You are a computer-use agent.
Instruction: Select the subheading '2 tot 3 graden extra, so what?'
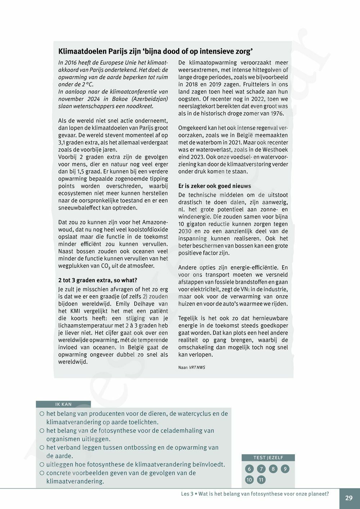point(98,280)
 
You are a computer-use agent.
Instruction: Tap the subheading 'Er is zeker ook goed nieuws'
point(215,186)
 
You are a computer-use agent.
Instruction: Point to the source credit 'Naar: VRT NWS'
point(192,368)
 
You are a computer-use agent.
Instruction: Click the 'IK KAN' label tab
point(63,404)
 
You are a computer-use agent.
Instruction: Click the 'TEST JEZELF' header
point(268,458)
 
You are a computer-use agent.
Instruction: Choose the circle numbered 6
point(249,469)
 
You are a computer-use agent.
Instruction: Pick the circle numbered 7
point(261,469)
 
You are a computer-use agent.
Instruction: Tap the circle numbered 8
point(273,469)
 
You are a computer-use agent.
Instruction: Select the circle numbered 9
point(285,469)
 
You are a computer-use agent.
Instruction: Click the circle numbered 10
point(249,480)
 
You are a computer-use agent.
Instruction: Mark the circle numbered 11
point(261,480)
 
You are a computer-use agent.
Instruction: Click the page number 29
point(349,498)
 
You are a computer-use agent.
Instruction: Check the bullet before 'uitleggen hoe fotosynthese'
point(42,465)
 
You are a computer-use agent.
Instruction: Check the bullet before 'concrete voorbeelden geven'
point(42,473)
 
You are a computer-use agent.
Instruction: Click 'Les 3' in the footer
point(187,494)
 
